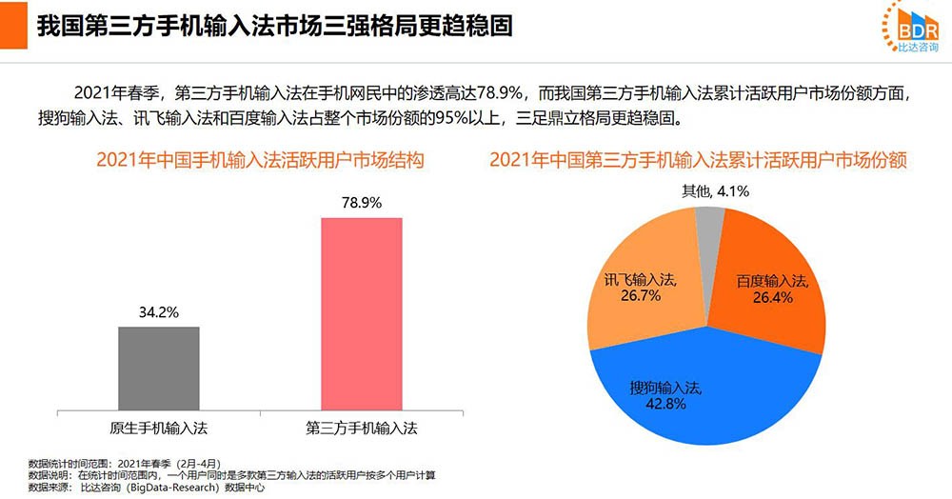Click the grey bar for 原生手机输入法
159,369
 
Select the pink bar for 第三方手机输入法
361,314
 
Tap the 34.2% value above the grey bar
159,311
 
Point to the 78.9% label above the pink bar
361,203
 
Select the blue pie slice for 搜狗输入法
704,400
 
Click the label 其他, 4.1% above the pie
715,190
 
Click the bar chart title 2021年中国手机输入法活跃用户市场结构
259,160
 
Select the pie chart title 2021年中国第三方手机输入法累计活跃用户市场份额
699,160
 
